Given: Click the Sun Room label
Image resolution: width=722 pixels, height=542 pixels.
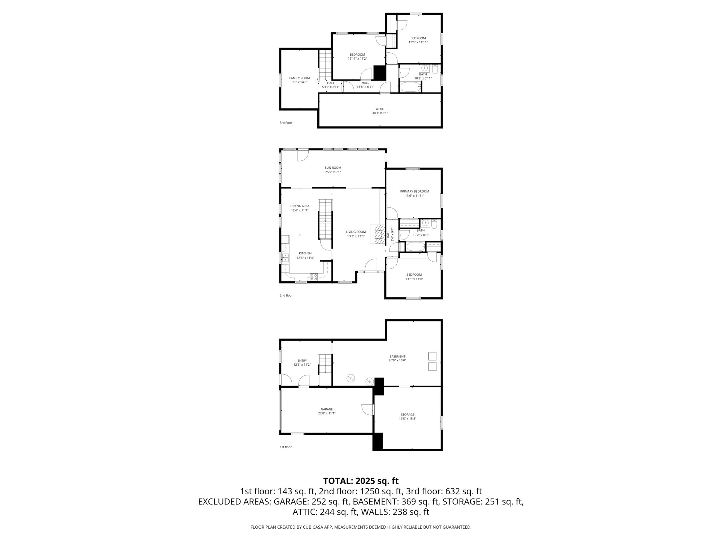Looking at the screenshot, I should click(x=332, y=168).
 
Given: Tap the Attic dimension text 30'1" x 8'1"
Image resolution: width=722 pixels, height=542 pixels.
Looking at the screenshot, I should click(x=380, y=113).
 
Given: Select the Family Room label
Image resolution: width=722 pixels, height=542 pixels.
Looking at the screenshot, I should click(x=299, y=78).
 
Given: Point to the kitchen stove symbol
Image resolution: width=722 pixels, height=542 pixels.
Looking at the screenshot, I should click(x=314, y=277).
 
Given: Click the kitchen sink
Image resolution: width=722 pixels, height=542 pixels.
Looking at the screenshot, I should click(x=285, y=258).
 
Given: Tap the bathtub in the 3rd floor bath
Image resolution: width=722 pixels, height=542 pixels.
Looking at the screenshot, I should click(x=410, y=87).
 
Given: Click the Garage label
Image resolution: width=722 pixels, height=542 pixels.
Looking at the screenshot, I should click(x=327, y=409).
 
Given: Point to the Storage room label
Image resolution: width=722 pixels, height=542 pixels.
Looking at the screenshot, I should click(x=407, y=414).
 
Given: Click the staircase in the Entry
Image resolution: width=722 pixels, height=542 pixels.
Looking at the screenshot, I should click(x=325, y=364).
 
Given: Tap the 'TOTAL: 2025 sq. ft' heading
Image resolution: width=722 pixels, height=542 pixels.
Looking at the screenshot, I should click(x=361, y=481).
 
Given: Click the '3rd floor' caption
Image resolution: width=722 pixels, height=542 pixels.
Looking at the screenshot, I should click(x=286, y=123).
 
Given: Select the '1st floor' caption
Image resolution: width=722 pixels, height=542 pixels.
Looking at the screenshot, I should click(x=285, y=447).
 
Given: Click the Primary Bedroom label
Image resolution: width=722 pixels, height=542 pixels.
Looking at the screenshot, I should click(x=414, y=192).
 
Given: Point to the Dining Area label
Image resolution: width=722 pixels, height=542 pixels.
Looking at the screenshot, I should click(x=300, y=206).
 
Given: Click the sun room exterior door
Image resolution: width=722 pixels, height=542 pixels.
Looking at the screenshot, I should click(x=303, y=155).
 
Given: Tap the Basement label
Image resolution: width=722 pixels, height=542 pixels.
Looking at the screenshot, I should click(x=397, y=356).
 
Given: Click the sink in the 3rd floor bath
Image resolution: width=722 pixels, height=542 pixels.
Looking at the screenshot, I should click(x=425, y=68).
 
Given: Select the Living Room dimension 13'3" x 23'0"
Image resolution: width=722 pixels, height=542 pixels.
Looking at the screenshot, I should click(x=356, y=236).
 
